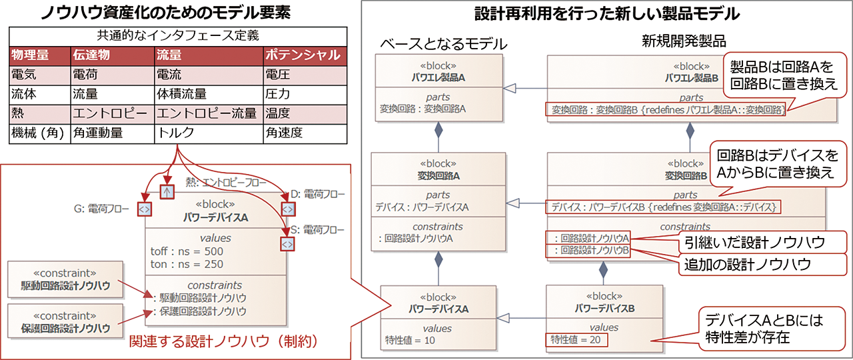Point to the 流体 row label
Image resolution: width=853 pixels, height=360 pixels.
tap(25, 94)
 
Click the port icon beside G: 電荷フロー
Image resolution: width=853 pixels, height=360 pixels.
tap(144, 209)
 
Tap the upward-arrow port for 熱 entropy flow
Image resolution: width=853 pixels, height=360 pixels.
tap(167, 192)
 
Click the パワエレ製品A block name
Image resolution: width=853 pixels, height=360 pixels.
tap(438, 77)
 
